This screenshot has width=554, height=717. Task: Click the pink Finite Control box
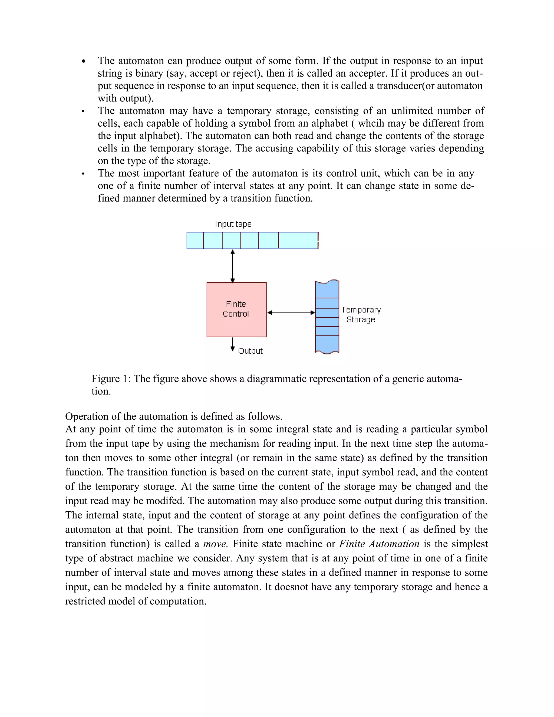[236, 309]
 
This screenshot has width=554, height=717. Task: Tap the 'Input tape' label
[233, 224]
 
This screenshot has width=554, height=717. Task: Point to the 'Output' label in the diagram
[250, 351]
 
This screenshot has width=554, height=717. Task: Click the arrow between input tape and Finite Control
[233, 266]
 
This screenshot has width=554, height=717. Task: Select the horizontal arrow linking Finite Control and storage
[291, 313]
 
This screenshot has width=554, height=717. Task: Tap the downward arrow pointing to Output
[233, 344]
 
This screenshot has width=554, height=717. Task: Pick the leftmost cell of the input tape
[195, 240]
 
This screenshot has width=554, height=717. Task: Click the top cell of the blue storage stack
[327, 290]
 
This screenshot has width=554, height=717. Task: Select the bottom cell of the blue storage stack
[327, 344]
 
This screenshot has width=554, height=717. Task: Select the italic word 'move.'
[215, 544]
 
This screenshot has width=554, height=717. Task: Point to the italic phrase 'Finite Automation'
[379, 544]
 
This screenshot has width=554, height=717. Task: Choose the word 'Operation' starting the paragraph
[86, 417]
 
